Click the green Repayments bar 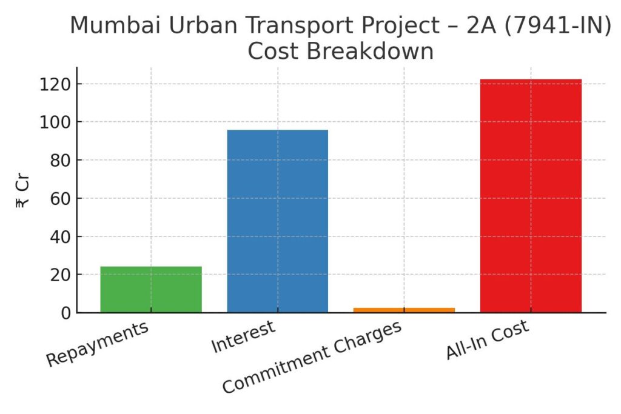pos(151,290)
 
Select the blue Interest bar pos(278,221)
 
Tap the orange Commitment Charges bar pos(404,310)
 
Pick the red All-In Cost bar pos(531,196)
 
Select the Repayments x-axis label pos(97,343)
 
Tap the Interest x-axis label pos(243,336)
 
